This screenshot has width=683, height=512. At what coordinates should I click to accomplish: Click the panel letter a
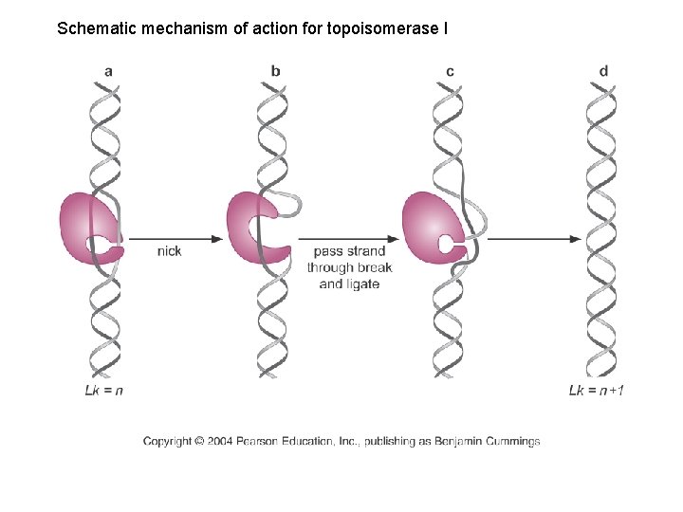pos(109,71)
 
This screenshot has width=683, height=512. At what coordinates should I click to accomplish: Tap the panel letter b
pos(275,71)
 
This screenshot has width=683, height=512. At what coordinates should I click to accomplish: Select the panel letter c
pos(450,71)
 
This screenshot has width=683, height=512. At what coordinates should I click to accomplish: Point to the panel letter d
pos(604,71)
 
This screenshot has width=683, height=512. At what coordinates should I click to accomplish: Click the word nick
pos(169,251)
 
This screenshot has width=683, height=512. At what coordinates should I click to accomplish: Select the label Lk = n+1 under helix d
pos(597,390)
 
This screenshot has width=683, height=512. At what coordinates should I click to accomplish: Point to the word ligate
pos(362,283)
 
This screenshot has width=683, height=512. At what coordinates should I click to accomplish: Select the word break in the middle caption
pos(375,267)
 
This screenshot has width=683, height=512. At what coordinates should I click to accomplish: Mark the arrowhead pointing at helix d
pos(576,238)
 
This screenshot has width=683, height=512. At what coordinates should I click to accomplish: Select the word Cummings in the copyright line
pos(510,441)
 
